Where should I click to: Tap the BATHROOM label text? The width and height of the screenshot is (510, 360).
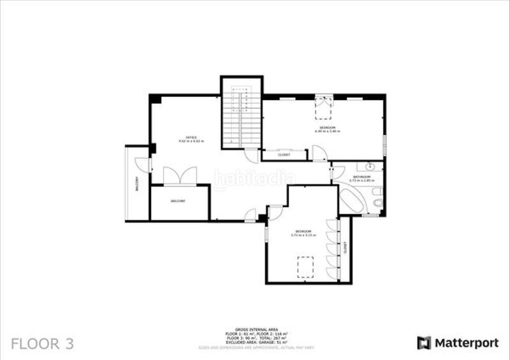(361, 177)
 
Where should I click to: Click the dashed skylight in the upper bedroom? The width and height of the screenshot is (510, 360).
(324, 108)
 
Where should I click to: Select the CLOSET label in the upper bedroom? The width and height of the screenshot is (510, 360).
(284, 155)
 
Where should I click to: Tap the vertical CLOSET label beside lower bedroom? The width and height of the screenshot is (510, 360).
(345, 249)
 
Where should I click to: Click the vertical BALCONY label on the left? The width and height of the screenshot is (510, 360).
(136, 185)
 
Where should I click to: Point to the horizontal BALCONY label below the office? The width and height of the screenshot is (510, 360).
(178, 201)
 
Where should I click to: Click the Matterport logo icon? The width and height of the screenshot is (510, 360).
(424, 343)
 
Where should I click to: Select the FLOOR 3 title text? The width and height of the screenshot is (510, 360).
(43, 344)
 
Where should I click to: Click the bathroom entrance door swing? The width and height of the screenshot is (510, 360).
(338, 173)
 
